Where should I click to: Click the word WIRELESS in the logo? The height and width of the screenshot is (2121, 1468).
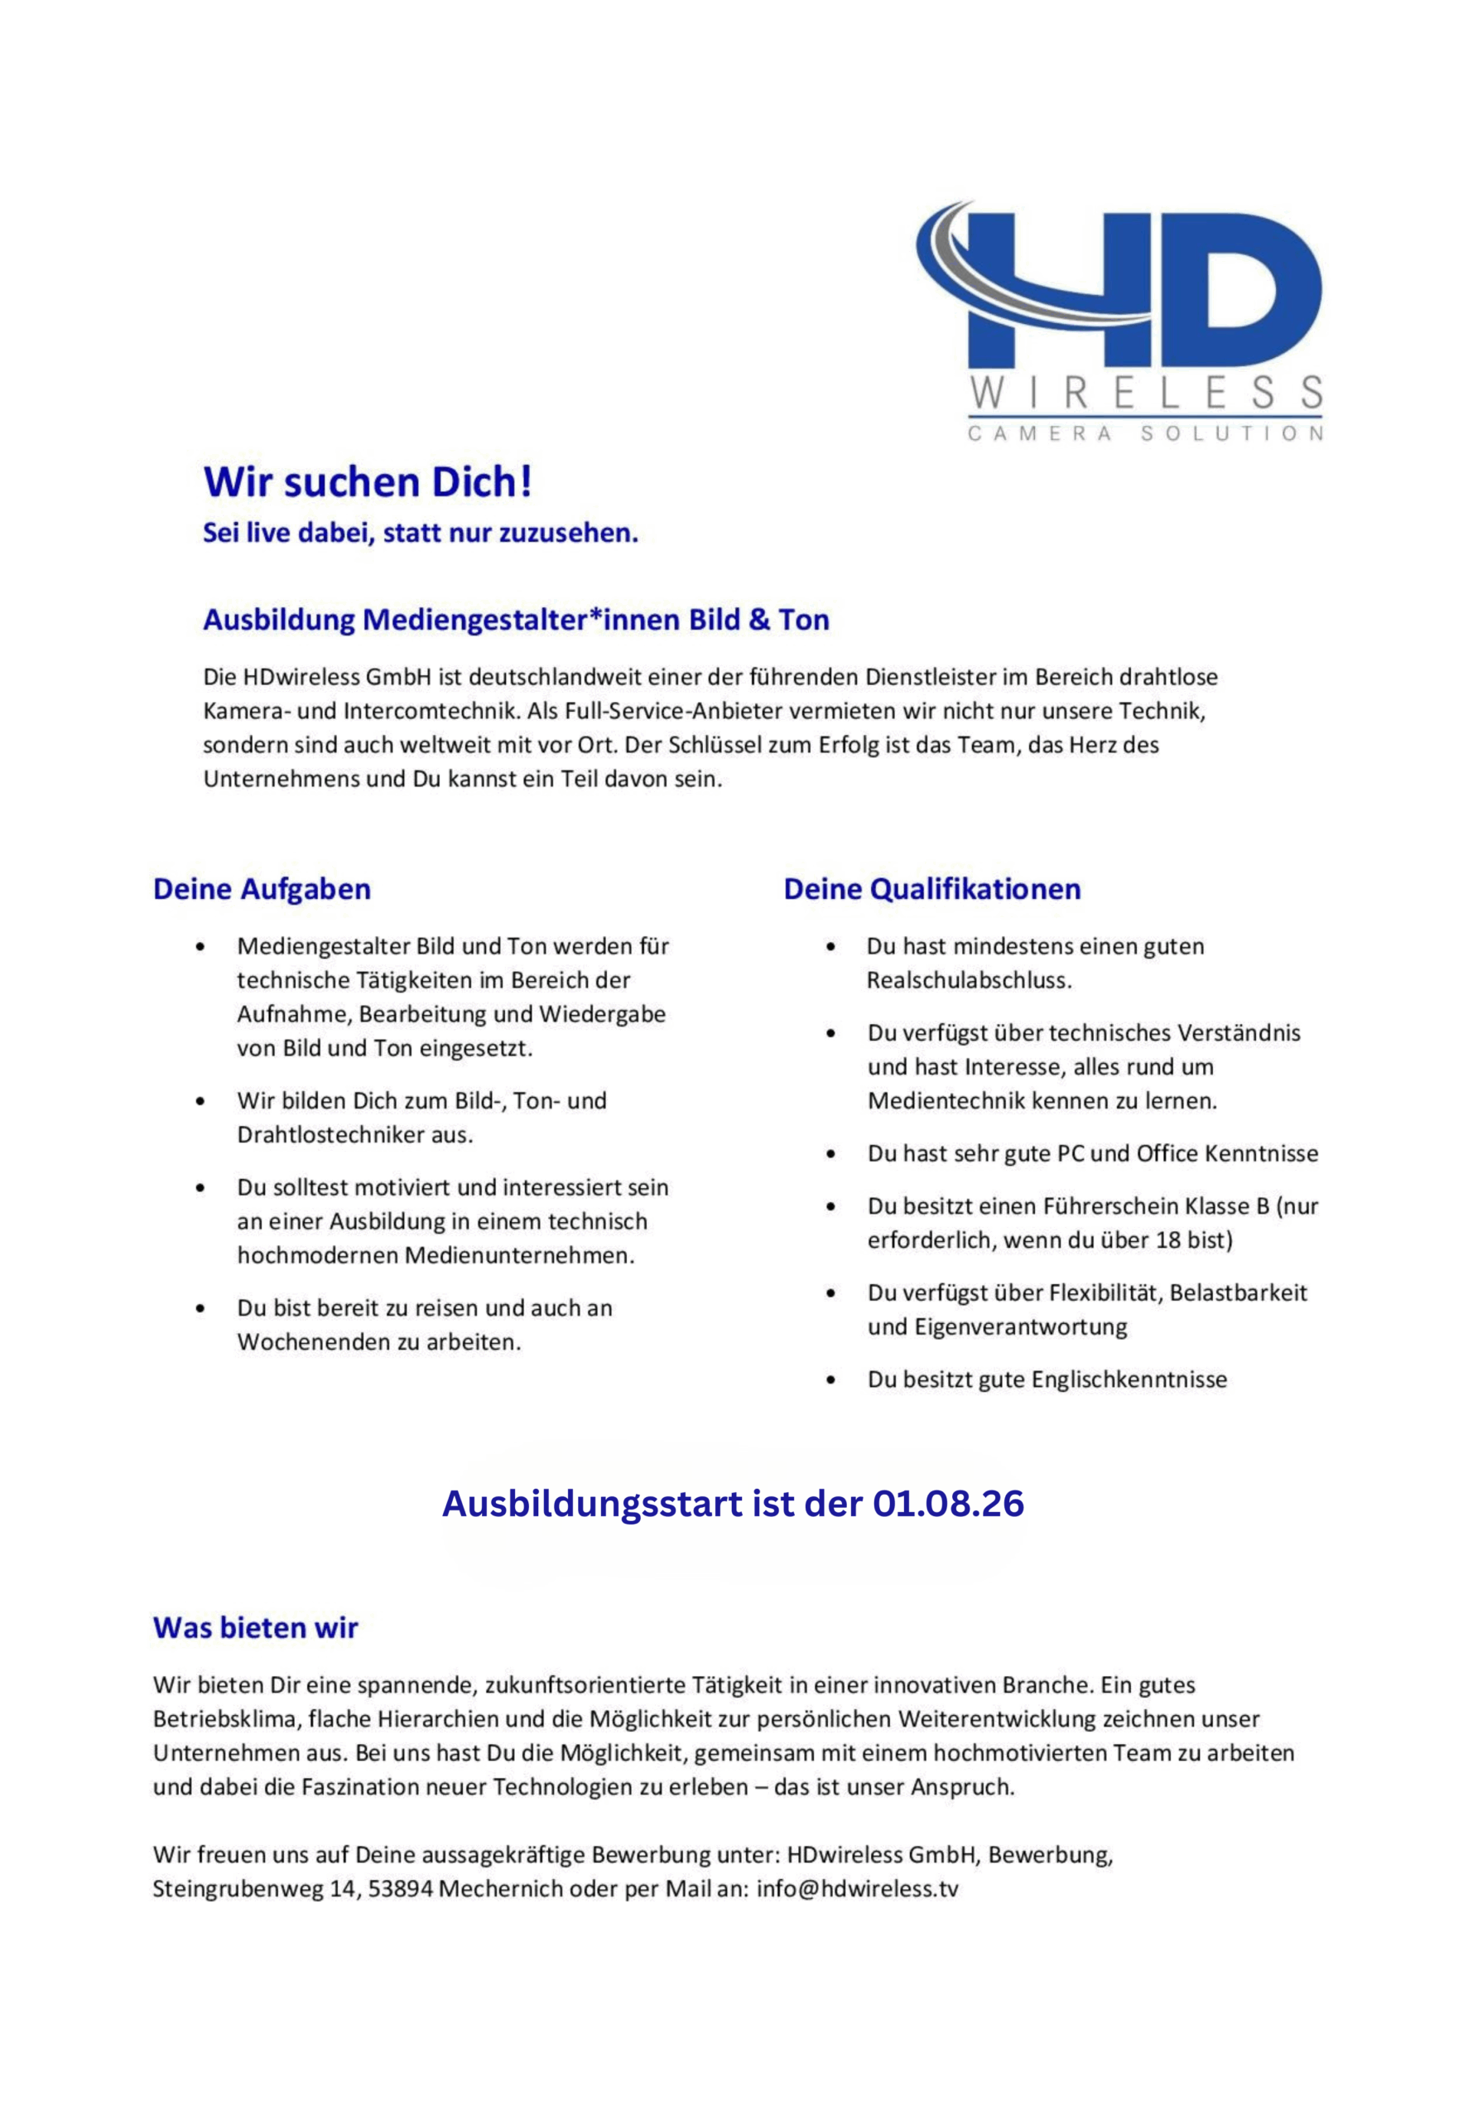(1146, 393)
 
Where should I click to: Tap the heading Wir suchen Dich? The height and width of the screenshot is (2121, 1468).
(367, 482)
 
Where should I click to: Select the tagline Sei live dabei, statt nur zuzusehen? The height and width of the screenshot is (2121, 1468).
(421, 533)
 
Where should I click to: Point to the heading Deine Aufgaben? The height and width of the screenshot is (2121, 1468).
(262, 890)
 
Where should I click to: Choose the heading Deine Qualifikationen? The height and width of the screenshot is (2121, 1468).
(931, 890)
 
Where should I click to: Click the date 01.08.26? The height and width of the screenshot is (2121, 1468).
(948, 1504)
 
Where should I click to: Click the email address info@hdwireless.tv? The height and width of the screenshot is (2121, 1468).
(857, 1889)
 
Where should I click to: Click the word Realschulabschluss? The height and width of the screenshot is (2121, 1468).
(969, 981)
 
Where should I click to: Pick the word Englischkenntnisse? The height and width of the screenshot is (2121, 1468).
(1129, 1380)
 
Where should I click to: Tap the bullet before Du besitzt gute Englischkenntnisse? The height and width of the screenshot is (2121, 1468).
(831, 1380)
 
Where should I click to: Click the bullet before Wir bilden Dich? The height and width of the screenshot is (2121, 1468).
(200, 1101)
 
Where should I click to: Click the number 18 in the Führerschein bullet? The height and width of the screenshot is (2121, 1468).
(1168, 1240)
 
